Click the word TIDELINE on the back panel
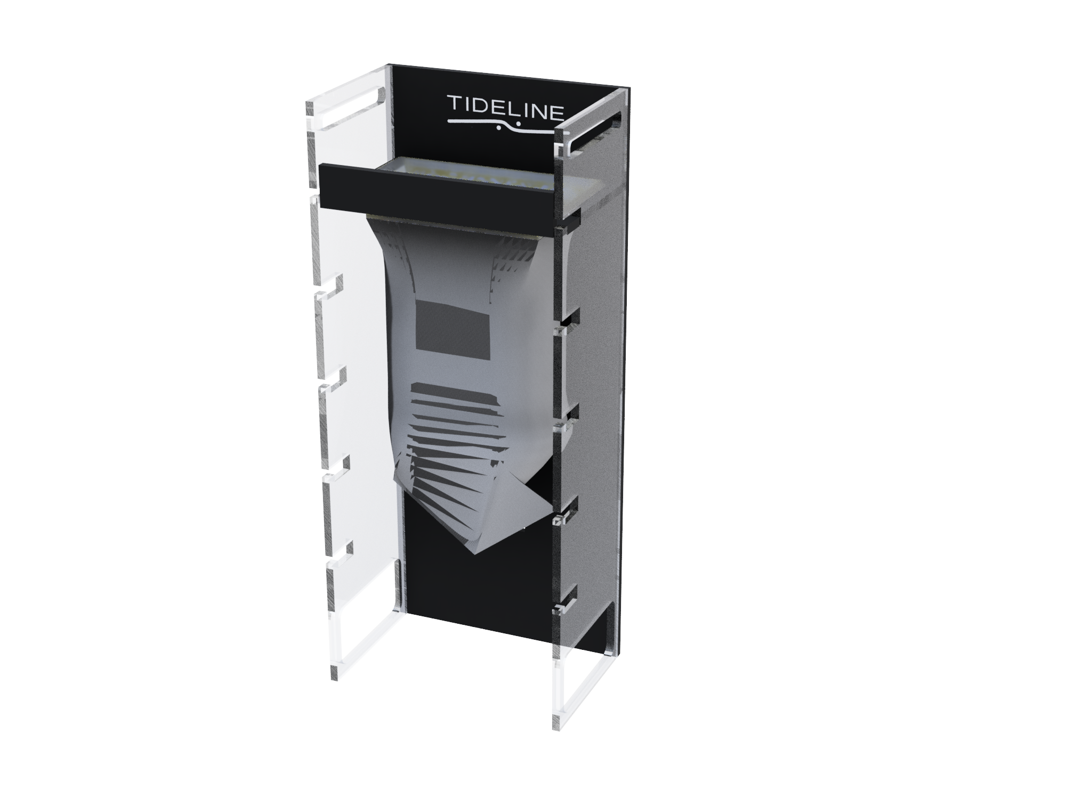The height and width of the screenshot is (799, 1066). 505,107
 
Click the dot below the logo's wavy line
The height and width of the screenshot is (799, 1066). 498,127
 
